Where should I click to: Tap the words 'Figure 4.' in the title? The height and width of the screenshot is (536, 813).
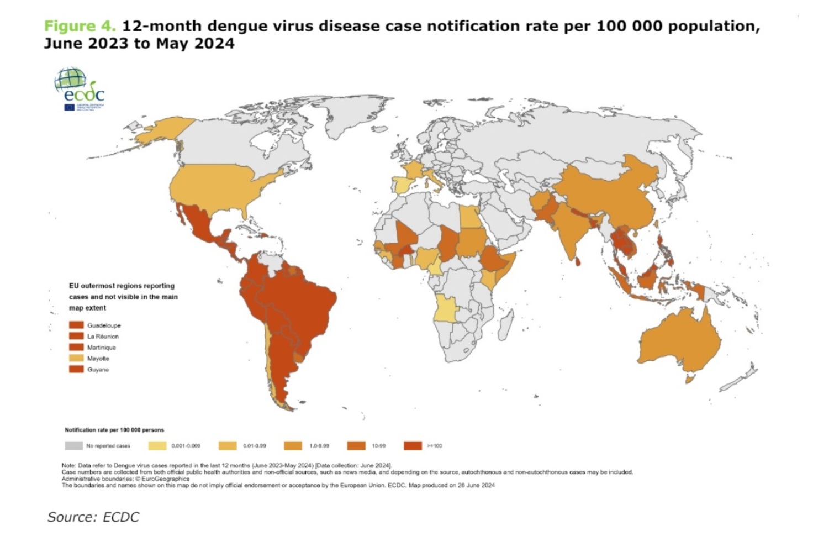pos(80,26)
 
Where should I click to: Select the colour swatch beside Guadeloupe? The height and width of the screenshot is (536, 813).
pos(76,325)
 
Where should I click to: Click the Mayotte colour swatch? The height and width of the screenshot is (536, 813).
pos(76,358)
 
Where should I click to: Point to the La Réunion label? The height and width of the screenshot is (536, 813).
pos(103,337)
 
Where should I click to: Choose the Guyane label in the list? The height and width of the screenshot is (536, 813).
pos(98,370)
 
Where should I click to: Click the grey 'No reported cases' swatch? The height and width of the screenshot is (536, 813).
pos(73,445)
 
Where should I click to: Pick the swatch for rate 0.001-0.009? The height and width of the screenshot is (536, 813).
pos(157,445)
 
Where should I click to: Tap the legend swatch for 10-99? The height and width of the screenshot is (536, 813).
pos(356,445)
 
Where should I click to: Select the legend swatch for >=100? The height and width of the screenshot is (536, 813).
pos(413,445)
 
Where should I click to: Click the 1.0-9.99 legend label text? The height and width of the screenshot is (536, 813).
pos(319,446)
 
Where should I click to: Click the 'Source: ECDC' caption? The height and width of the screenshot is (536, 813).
pos(93,517)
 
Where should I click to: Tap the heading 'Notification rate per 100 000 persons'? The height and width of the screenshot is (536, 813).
pos(114,430)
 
